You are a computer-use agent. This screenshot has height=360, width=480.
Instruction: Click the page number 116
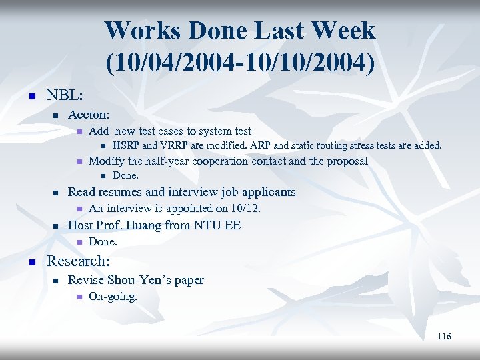[444, 336]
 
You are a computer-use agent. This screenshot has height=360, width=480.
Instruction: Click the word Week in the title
[341, 30]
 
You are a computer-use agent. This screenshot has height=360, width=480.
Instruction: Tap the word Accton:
[89, 115]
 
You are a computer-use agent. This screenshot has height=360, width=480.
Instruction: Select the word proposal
[345, 161]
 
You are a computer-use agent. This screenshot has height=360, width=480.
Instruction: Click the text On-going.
[113, 297]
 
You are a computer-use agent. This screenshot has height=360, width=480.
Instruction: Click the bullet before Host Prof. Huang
[57, 226]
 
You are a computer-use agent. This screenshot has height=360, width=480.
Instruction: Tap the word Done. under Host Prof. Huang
[103, 241]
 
